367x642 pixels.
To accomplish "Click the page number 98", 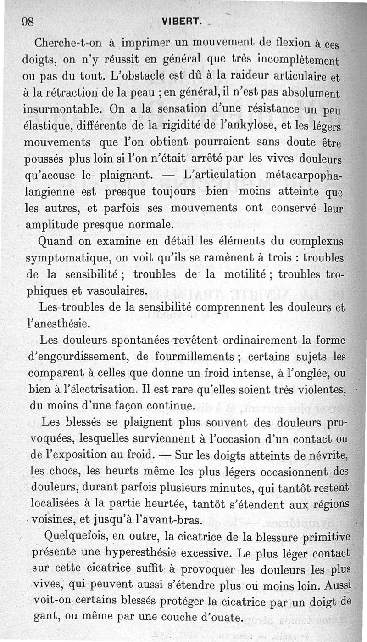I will [x=29, y=23].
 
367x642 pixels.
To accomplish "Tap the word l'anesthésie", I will [x=56, y=324].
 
